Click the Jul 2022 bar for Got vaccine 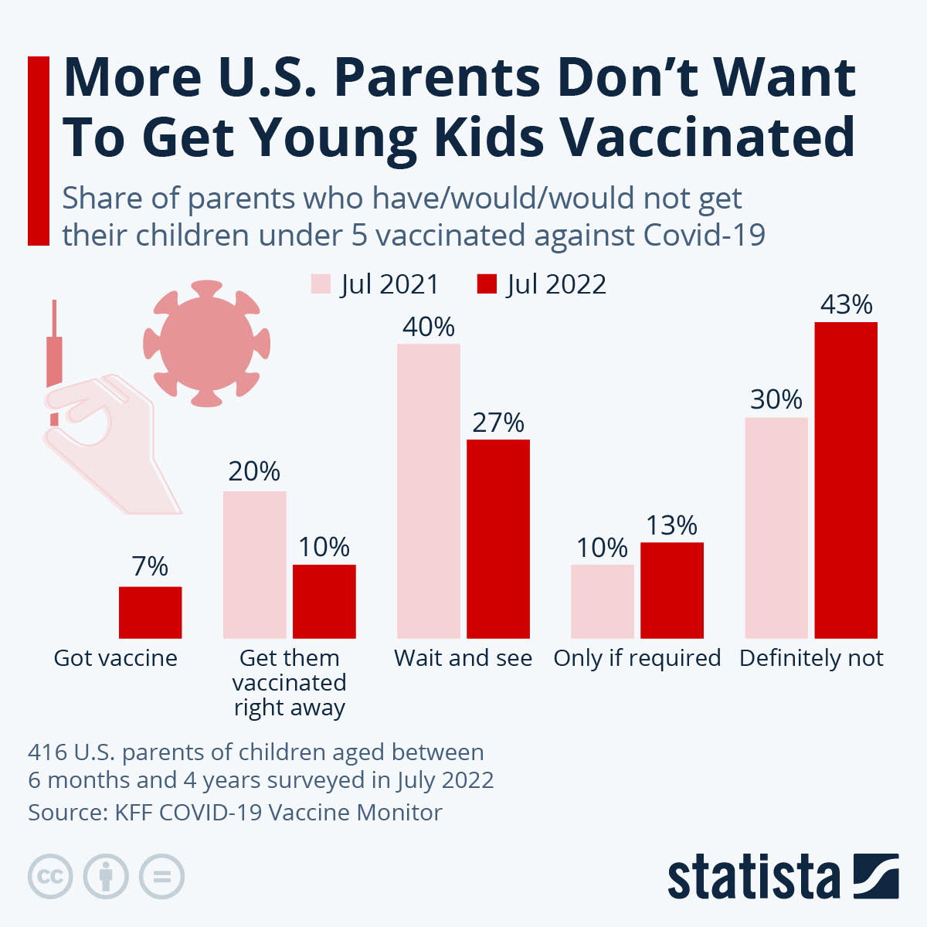click(150, 612)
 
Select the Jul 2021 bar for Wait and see click(429, 491)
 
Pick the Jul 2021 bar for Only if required click(603, 601)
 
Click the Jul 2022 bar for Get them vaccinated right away click(324, 601)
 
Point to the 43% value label click(846, 305)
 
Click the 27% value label click(498, 423)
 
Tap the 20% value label click(254, 471)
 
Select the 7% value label click(150, 566)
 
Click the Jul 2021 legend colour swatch click(321, 284)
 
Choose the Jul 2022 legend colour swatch click(487, 284)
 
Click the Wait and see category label click(463, 658)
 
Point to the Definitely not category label click(811, 658)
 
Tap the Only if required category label click(637, 658)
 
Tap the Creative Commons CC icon click(50, 877)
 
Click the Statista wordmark click(753, 878)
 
